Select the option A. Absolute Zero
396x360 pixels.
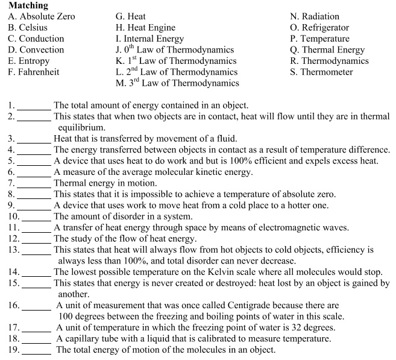tap(42, 16)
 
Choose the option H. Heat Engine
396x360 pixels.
tap(145, 28)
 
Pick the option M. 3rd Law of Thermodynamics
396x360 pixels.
tap(177, 83)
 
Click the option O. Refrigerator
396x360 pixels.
tap(319, 28)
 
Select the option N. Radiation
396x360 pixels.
tap(315, 16)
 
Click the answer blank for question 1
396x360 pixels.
tap(35, 106)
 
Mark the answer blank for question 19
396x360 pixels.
tap(37, 350)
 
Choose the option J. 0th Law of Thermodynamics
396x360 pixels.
tap(175, 50)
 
